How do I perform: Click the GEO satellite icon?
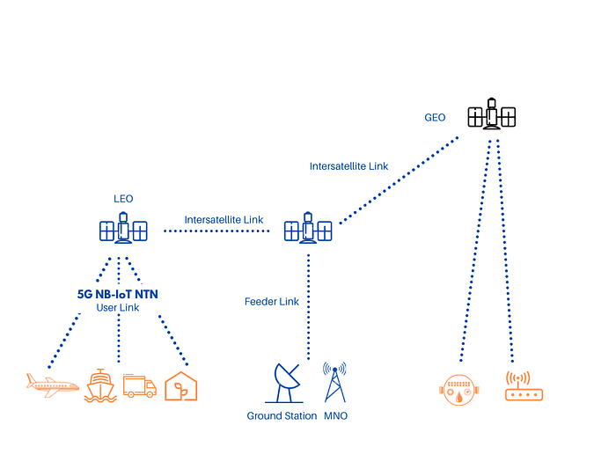pos(491,114)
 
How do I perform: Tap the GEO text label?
pos(435,117)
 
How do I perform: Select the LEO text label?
pos(123,199)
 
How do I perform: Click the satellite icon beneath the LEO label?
pos(123,228)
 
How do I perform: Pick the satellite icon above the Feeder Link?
pos(308,228)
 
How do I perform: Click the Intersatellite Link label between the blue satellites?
pos(224,220)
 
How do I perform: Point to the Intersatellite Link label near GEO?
pos(348,166)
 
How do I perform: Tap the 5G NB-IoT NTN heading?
pos(117,294)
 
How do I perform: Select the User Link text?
pos(118,308)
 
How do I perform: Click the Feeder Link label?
pos(272,301)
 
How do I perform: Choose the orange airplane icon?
pos(53,385)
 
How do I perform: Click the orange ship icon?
pos(100,385)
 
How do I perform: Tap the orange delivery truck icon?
pos(140,385)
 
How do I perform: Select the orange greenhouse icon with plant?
pos(180,386)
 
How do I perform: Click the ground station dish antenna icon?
pos(285,383)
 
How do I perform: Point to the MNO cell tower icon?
pos(334,382)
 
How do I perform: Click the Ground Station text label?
pos(282,415)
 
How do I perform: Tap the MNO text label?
pos(335,415)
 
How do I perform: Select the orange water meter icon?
pos(458,390)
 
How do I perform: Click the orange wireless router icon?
pos(524,386)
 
